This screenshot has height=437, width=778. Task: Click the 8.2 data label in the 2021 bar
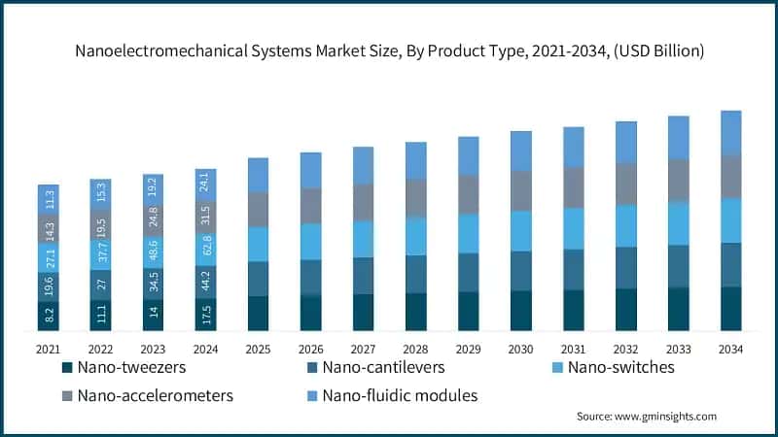49,315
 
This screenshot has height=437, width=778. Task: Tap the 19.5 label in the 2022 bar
101,224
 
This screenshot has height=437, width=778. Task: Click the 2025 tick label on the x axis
258,348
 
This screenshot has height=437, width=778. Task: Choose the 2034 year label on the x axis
730,348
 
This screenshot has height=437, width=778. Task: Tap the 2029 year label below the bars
468,348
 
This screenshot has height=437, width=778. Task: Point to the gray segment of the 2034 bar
730,176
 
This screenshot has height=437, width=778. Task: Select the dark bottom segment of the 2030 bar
520,311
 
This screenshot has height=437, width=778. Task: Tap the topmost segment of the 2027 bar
363,165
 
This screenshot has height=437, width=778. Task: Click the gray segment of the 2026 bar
310,205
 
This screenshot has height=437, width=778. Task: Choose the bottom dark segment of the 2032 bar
625,310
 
